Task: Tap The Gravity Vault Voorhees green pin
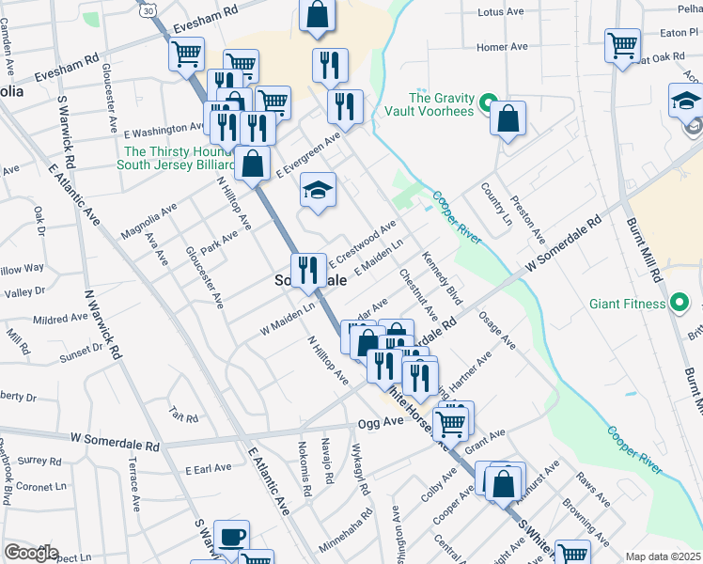pos(488,103)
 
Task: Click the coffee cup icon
pos(231,538)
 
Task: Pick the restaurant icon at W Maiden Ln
pos(307,271)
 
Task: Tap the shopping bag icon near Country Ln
pos(508,118)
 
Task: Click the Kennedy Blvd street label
pos(443,278)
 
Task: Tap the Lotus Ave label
pos(499,12)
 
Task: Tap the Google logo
pos(31,554)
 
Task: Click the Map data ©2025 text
pos(663,556)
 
